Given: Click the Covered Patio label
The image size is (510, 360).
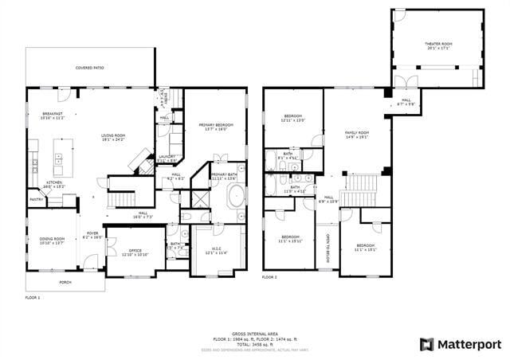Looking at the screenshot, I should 89,68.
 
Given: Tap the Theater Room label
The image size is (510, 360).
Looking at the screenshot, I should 438,45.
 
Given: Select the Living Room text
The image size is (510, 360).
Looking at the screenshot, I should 113,137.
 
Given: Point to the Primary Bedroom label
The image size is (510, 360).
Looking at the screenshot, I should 212,125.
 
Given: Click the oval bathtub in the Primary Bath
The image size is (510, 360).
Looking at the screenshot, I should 237,196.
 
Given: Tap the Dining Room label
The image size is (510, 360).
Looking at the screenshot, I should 52,241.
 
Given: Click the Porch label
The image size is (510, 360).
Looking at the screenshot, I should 65,282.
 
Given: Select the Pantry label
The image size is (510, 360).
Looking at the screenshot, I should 36,199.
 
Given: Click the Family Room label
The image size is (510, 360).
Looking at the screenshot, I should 356,134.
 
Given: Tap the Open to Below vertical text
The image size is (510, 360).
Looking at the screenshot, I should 328,248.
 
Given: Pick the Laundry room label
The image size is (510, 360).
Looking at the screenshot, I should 167,158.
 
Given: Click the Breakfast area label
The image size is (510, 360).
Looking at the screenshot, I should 53,115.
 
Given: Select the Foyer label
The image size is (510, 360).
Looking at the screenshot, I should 92,235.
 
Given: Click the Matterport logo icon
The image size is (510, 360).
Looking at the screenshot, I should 426,344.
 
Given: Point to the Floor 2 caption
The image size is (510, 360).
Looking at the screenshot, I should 270,277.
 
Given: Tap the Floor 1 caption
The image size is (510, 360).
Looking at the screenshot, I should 33,297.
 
